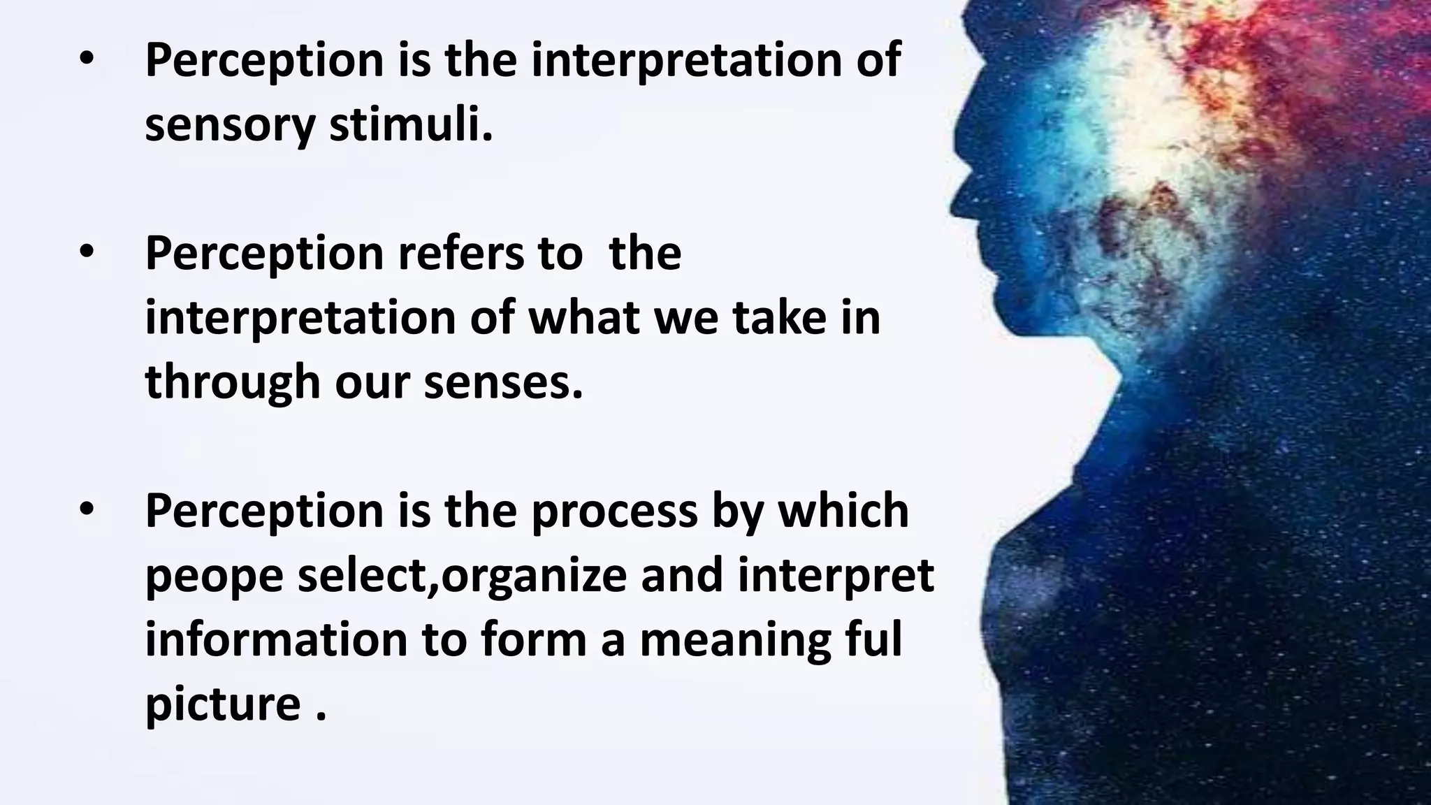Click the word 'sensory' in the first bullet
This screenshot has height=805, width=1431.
click(x=230, y=126)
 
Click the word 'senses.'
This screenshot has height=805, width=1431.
click(x=503, y=382)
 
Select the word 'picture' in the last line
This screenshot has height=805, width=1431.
click(x=223, y=704)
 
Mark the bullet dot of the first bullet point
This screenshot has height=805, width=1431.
click(x=86, y=60)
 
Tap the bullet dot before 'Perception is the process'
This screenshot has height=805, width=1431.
click(x=86, y=511)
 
